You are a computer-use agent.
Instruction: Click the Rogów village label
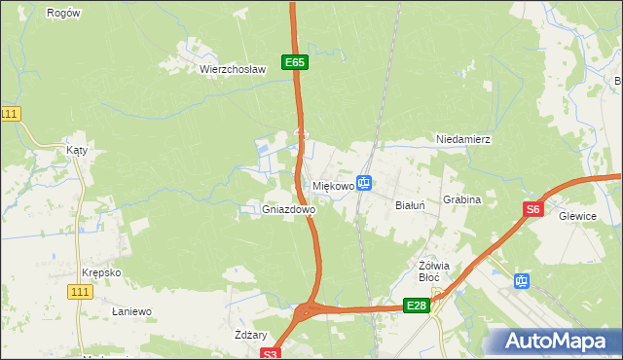coord(63,13)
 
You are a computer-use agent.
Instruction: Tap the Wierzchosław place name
coord(233,70)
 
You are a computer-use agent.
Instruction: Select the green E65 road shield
coord(296,62)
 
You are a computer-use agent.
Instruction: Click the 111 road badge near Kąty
coord(10,114)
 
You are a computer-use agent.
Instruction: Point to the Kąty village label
coord(77,151)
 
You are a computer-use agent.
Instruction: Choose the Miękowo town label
coord(332,185)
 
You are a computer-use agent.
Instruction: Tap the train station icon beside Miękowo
coord(364,182)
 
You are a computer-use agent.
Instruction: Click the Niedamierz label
coord(463,139)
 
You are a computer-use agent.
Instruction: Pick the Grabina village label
coord(462,199)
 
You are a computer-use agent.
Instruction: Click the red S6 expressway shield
coord(532,208)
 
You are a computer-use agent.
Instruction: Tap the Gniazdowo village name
coord(289,209)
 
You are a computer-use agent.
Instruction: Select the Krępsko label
coord(102,272)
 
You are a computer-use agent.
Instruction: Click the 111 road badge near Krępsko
coord(82,291)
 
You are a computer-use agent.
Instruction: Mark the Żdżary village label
coord(251,334)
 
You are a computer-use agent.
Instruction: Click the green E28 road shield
coord(416,306)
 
